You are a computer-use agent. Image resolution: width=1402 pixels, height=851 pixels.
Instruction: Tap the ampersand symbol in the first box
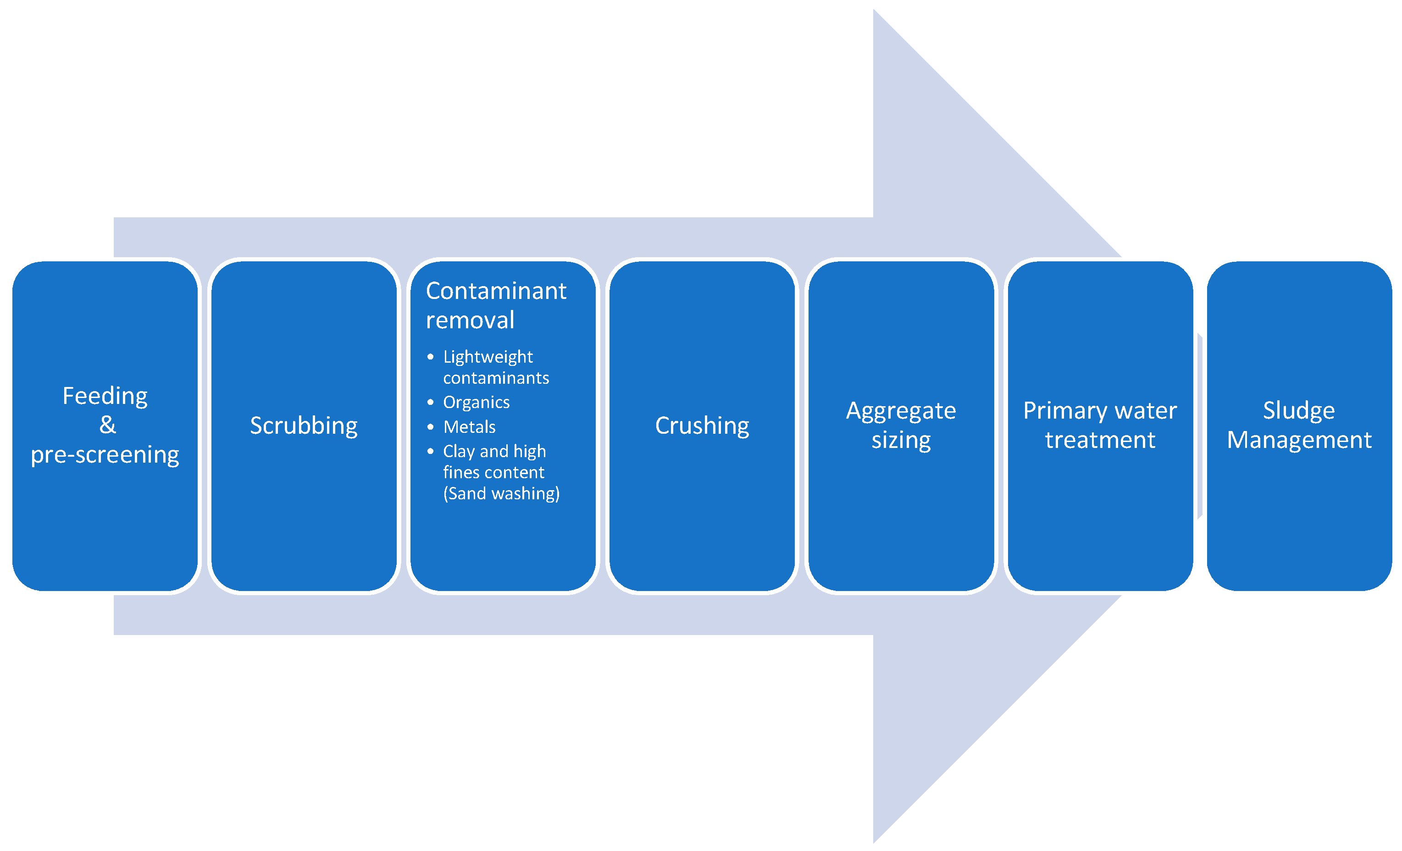(x=107, y=425)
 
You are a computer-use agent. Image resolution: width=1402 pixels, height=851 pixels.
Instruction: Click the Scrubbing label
(x=304, y=425)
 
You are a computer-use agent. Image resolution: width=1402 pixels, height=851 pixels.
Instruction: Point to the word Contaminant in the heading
(x=496, y=291)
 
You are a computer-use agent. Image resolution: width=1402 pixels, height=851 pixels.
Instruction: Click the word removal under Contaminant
(x=470, y=320)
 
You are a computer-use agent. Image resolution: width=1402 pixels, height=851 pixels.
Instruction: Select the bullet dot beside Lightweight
(x=430, y=357)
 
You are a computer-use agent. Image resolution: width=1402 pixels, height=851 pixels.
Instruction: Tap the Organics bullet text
(x=476, y=402)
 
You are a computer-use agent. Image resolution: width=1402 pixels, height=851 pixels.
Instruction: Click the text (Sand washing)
(x=501, y=493)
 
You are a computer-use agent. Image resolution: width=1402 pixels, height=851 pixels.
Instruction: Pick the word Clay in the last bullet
(x=459, y=451)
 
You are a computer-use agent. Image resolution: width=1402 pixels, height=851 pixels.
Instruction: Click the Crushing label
(x=702, y=425)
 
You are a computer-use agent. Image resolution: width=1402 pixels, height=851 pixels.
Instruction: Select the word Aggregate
(x=901, y=411)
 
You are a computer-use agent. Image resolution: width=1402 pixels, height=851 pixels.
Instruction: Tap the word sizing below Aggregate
(x=901, y=440)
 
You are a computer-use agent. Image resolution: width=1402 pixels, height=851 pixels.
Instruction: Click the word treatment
(x=1100, y=440)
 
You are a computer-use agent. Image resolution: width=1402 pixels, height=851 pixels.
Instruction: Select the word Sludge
(x=1299, y=411)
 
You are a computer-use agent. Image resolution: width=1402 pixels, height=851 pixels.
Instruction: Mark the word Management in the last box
(x=1299, y=440)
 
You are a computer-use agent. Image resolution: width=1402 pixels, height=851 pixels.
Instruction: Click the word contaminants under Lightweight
(x=496, y=378)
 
